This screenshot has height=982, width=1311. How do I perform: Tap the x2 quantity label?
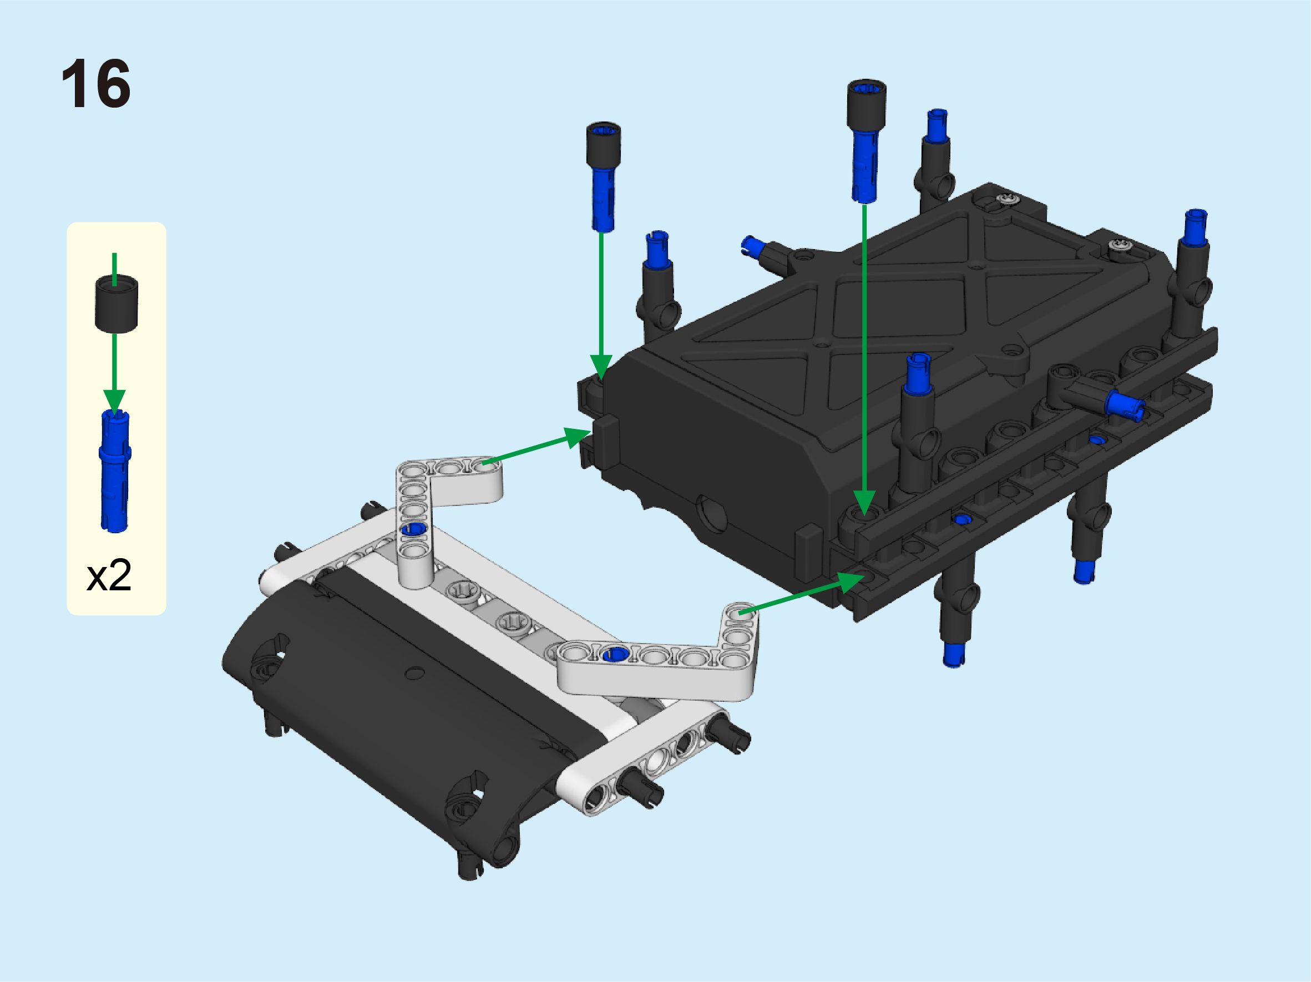pos(109,575)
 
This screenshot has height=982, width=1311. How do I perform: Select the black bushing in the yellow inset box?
pos(116,303)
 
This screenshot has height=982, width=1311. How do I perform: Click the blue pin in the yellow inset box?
pos(115,471)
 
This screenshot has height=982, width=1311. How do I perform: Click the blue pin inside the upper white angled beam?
pos(414,529)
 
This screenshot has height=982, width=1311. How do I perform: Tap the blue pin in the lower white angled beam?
pos(615,654)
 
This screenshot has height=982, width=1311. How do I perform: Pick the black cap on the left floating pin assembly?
pos(603,146)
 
